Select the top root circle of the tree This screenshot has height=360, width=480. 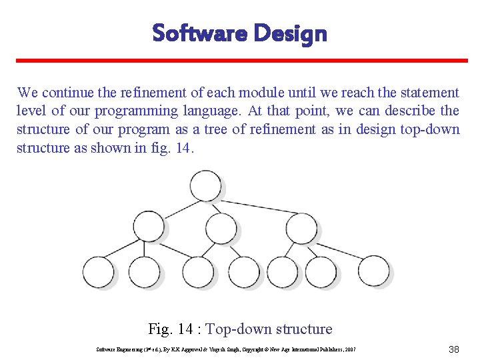point(205,186)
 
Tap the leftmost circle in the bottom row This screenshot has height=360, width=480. point(99,272)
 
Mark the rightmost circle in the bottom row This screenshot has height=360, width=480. point(373,272)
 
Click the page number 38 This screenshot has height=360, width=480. point(454,349)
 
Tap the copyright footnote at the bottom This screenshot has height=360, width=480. point(227,349)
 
